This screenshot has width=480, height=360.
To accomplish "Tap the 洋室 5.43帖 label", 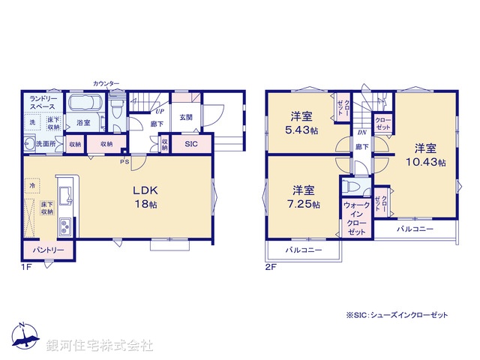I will (x=303, y=122).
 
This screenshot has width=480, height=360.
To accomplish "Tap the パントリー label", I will (x=48, y=250).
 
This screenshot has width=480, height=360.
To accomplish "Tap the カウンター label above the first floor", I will (x=106, y=83).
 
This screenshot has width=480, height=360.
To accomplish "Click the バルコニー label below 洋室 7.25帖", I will (x=303, y=250).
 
